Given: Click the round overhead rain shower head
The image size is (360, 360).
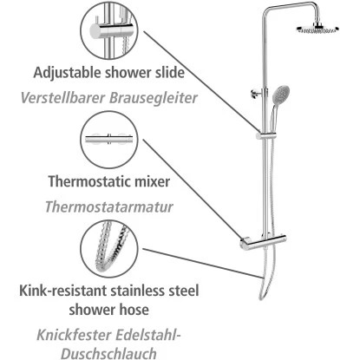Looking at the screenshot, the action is click(317, 29).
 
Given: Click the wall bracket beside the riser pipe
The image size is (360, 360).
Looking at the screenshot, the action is click(257, 93).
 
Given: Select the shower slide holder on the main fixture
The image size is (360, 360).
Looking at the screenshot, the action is click(266, 135).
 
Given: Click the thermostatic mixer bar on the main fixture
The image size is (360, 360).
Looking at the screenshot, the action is click(263, 242).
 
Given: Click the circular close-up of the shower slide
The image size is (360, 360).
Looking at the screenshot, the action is click(109, 30).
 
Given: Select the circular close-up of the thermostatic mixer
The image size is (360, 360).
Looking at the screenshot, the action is click(109, 140).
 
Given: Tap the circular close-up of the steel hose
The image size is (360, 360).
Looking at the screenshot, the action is click(109, 249).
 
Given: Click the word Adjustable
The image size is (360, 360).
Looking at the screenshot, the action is click(68, 73).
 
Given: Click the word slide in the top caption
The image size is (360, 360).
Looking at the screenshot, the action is click(170, 72).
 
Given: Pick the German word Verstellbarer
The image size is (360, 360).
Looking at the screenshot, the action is click(62, 98).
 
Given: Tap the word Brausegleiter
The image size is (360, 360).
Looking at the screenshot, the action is click(154, 98).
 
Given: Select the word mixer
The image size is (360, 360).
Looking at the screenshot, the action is click(150, 181).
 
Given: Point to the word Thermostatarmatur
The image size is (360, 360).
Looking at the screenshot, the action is click(109, 206).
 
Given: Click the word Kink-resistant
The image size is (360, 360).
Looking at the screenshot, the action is click(63, 291).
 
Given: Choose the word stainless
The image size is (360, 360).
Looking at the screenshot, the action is click(139, 291).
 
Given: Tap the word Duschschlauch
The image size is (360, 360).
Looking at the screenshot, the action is click(108, 353).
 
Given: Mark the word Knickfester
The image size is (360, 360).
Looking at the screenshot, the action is click(75, 335).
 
